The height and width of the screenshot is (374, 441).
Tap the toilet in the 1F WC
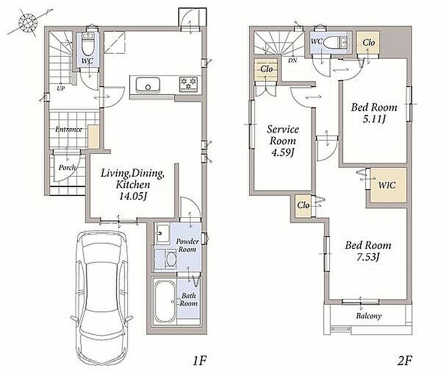click(88, 44)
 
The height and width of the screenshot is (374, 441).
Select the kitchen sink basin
click(148, 85)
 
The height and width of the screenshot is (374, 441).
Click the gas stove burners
click(188, 84)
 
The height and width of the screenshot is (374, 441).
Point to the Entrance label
click(69, 129)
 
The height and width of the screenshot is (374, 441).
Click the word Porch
click(67, 168)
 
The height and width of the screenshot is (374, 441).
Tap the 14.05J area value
click(133, 196)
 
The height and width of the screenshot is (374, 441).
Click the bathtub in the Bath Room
click(165, 302)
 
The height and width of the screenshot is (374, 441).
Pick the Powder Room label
click(187, 245)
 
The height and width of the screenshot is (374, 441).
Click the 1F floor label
click(199, 360)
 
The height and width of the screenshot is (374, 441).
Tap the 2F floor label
click(405, 360)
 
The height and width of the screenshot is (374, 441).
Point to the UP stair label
click(61, 88)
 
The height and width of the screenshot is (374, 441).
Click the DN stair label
click(292, 60)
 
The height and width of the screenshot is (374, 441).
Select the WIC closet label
click(387, 185)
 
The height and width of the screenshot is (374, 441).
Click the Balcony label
click(369, 316)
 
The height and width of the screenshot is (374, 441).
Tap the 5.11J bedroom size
click(374, 119)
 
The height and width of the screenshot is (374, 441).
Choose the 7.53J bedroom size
click(368, 257)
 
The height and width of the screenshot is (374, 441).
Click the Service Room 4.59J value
click(283, 152)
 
